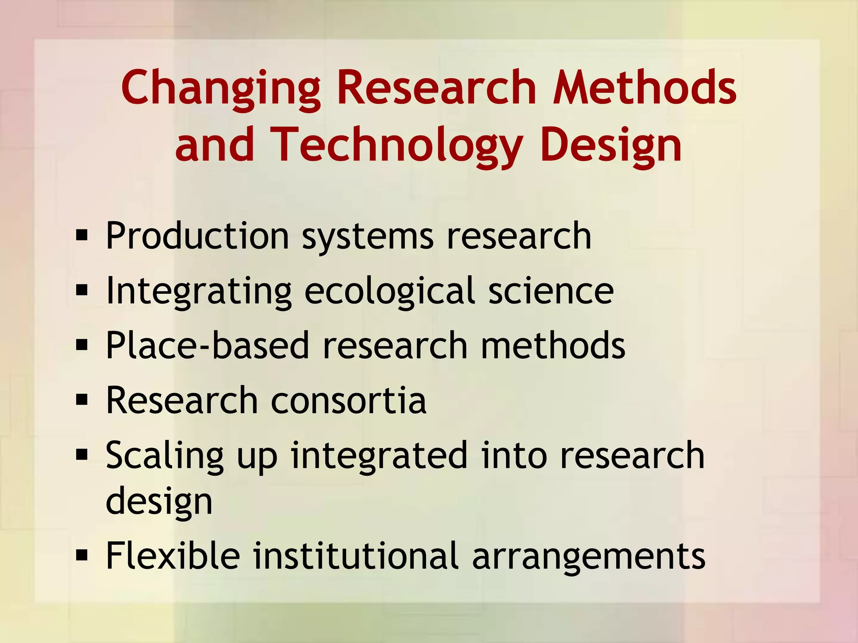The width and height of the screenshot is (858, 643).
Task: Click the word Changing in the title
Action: pyautogui.click(x=221, y=89)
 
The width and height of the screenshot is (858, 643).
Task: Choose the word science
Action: pyautogui.click(x=551, y=291)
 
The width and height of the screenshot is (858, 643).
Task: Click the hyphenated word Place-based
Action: pyautogui.click(x=207, y=345)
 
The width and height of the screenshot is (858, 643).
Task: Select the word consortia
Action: pyautogui.click(x=349, y=401)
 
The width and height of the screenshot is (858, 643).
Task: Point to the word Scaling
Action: pyautogui.click(x=165, y=456)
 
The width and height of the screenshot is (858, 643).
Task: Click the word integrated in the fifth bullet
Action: pyautogui.click(x=379, y=456)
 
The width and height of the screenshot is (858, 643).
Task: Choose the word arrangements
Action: pyautogui.click(x=589, y=557)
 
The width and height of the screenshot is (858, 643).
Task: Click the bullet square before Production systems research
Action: pyautogui.click(x=82, y=235)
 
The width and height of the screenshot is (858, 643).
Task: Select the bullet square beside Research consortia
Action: pyautogui.click(x=82, y=400)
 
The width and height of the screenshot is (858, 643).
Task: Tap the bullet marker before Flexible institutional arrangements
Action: pyautogui.click(x=82, y=555)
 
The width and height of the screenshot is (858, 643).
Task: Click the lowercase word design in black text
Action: pyautogui.click(x=159, y=502)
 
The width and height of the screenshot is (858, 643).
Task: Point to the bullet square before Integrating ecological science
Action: pyautogui.click(x=82, y=290)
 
